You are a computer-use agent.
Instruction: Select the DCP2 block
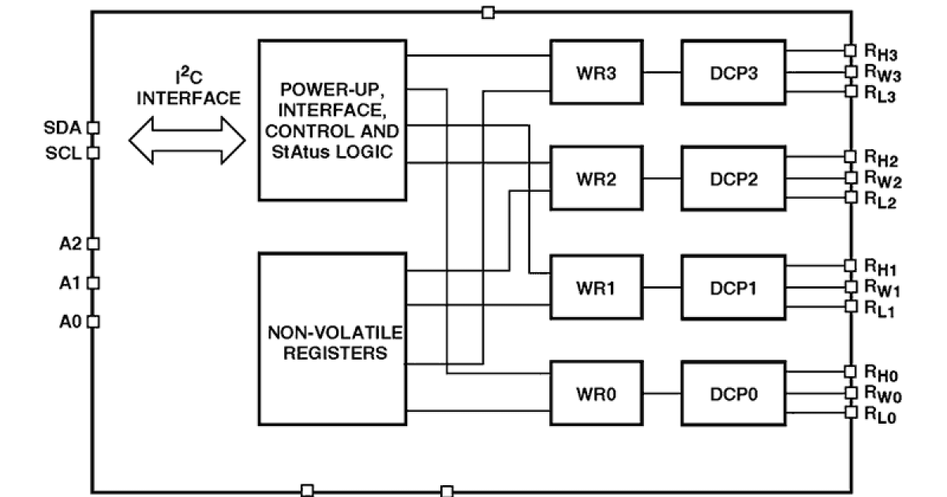pyautogui.click(x=733, y=179)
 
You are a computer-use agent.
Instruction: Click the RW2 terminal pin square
pyautogui.click(x=850, y=177)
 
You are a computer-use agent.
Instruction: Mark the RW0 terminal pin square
pyautogui.click(x=850, y=392)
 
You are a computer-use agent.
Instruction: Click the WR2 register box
pyautogui.click(x=597, y=179)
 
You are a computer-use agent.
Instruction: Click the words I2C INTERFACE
pyautogui.click(x=187, y=88)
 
